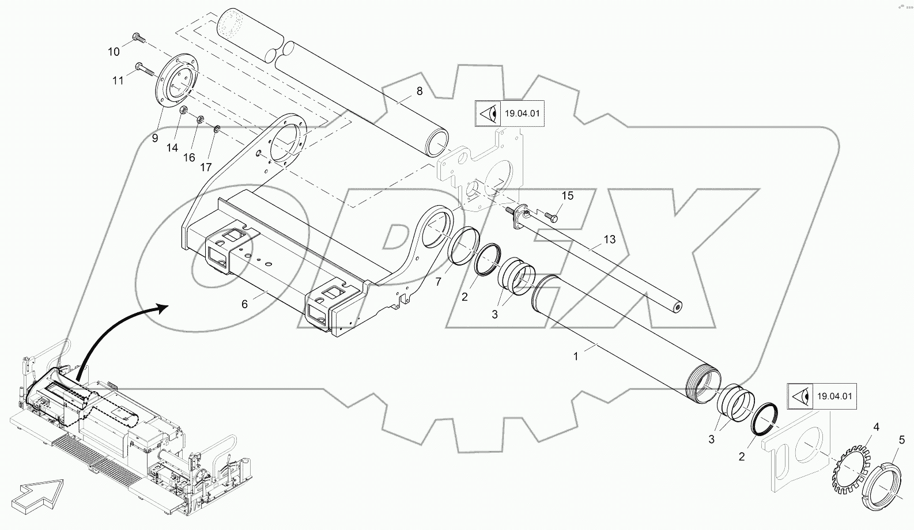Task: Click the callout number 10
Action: click(114, 52)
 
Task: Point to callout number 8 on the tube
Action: click(419, 90)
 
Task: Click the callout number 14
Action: click(172, 147)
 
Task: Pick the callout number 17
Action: click(206, 168)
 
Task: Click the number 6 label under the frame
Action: click(244, 304)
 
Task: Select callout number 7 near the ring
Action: click(438, 282)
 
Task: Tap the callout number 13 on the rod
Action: click(610, 239)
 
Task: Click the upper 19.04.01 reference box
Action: click(509, 113)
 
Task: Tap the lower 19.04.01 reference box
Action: click(822, 396)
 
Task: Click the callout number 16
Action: click(189, 158)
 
